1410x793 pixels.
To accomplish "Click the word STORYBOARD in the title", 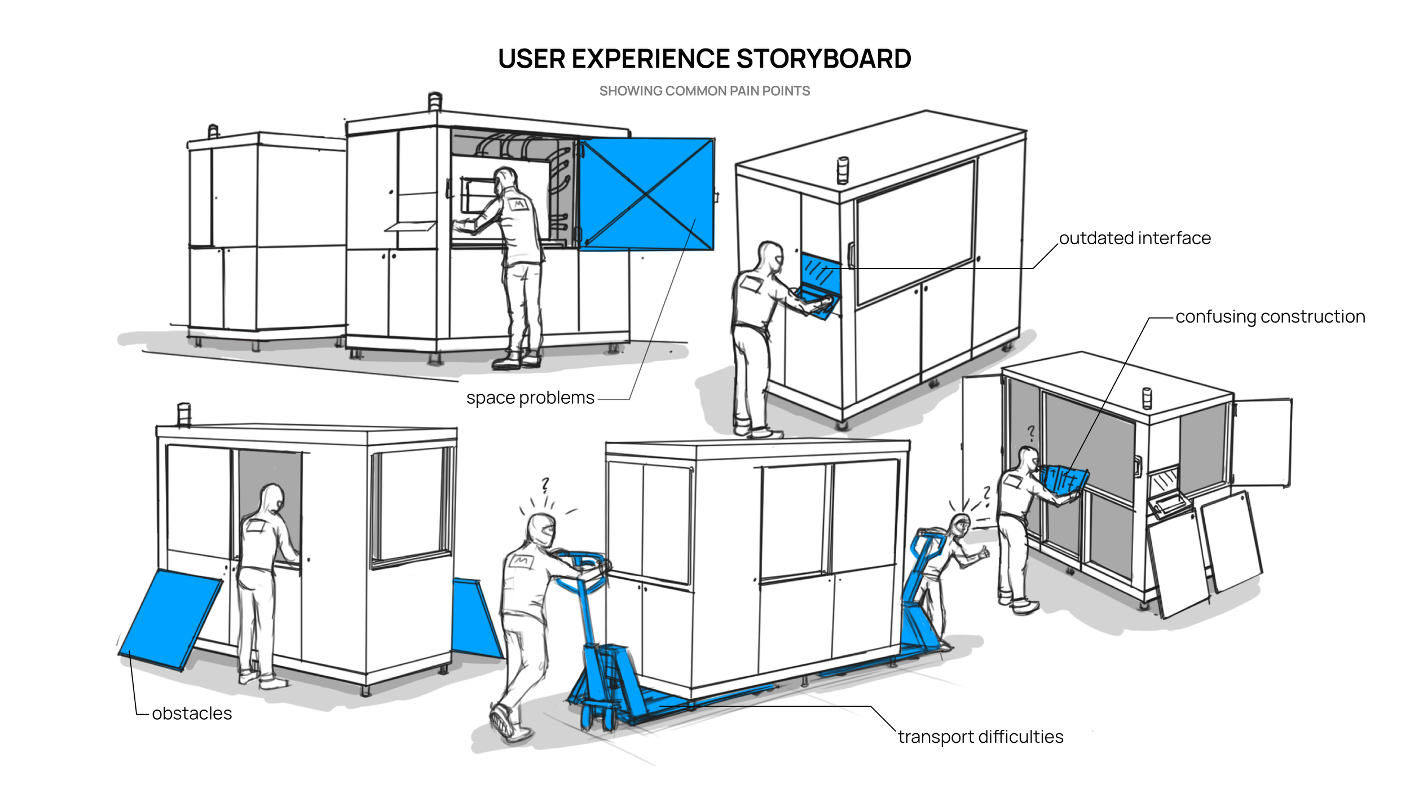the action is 823,59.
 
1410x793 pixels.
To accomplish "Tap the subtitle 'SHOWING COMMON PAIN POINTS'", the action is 704,91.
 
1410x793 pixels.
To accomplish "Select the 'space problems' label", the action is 530,398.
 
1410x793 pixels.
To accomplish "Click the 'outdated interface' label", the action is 1135,238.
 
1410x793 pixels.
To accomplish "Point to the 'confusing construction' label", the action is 1270,317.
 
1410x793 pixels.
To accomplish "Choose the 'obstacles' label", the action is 192,713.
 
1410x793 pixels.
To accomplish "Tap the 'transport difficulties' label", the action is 981,737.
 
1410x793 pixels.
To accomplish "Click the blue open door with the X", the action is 646,194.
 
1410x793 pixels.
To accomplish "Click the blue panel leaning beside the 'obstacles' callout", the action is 170,620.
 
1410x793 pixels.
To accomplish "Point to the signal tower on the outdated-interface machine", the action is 843,170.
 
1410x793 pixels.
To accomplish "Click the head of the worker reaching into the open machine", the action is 505,179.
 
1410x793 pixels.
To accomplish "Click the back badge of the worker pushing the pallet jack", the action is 521,561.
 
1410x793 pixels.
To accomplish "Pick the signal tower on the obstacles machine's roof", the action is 184,415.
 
